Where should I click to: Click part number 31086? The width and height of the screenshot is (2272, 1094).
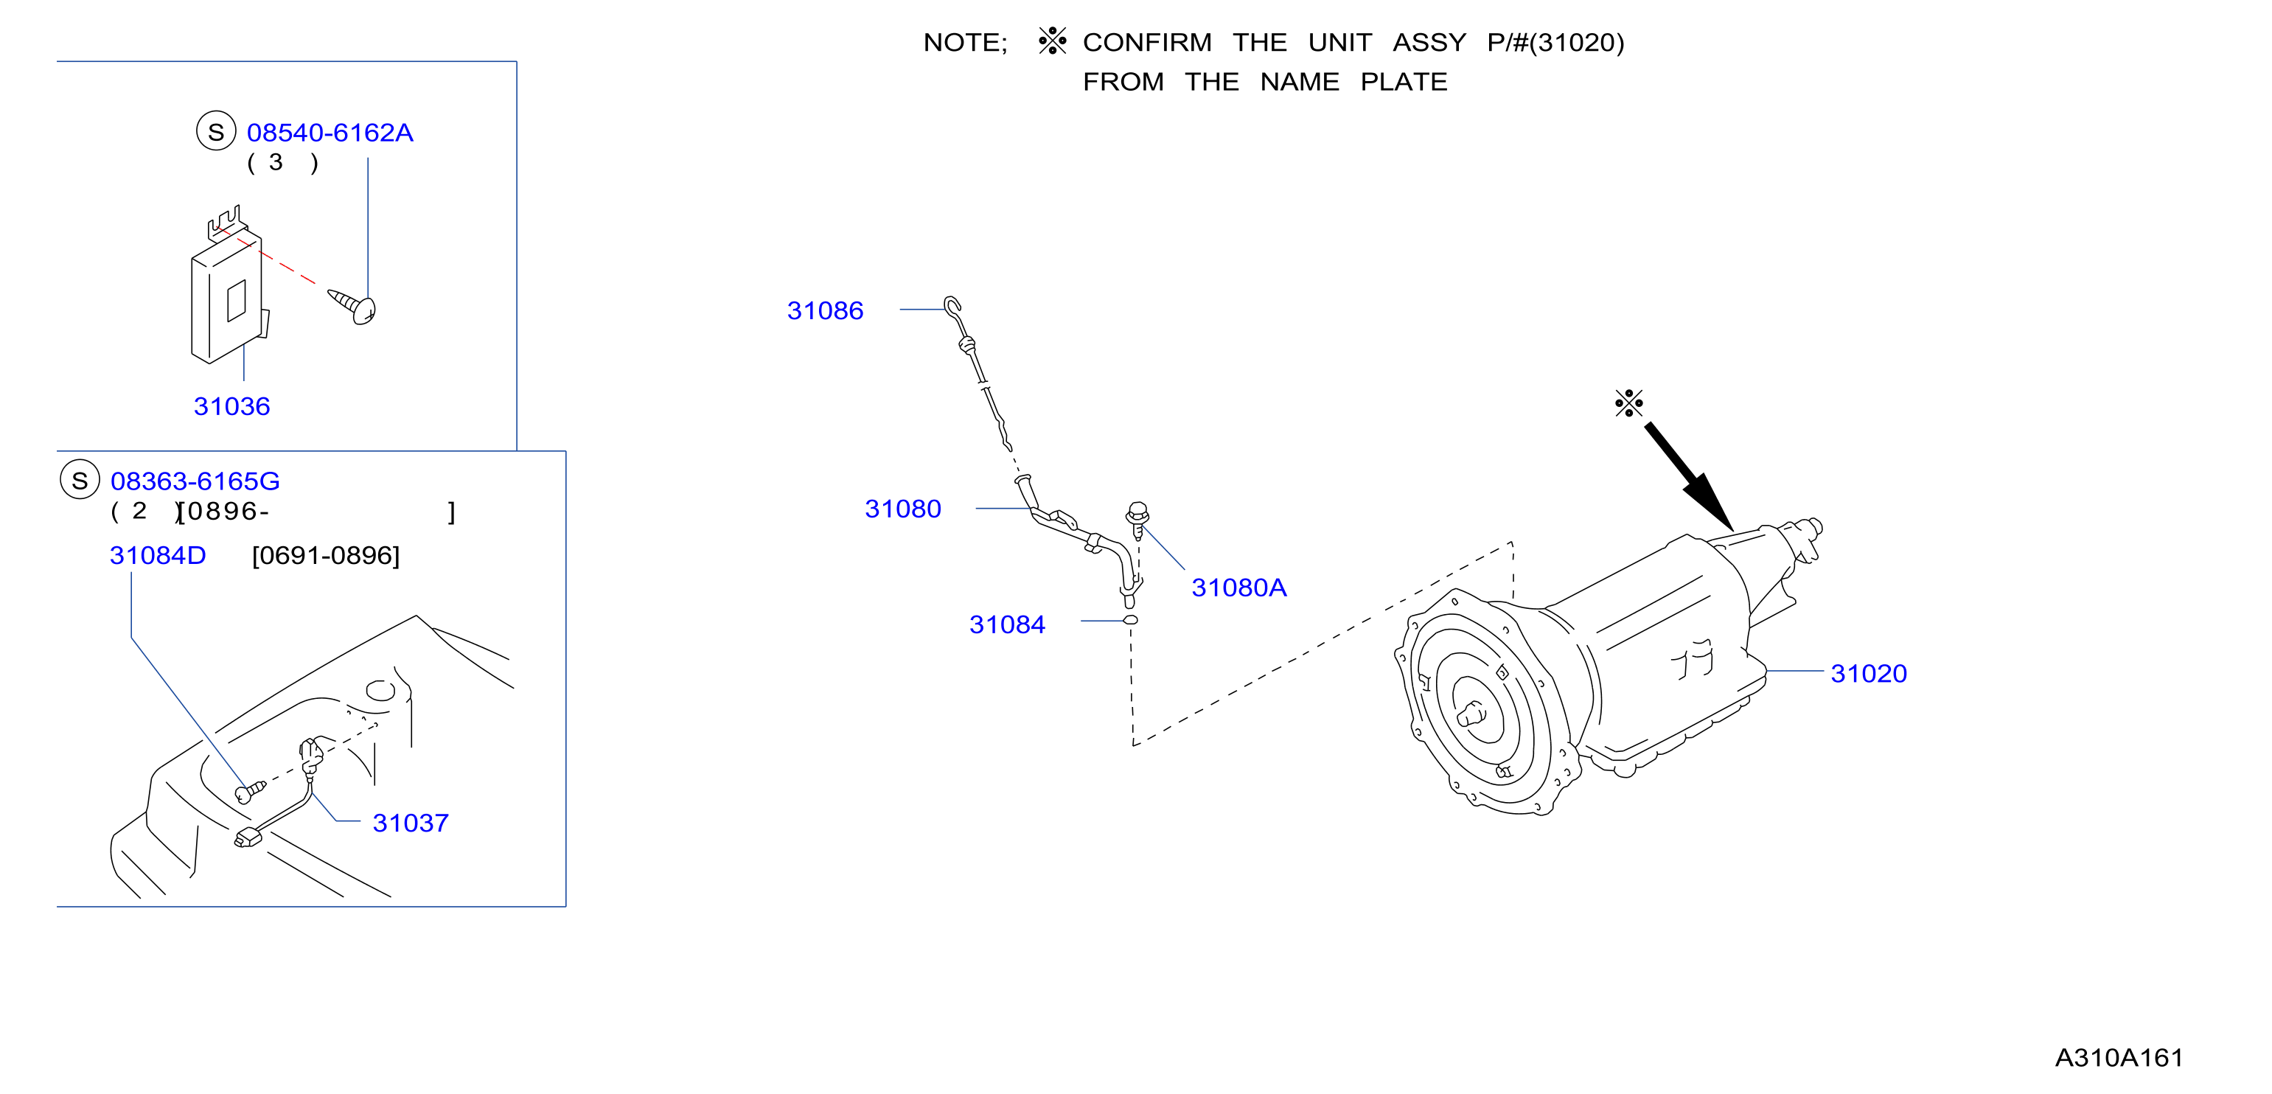pos(825,310)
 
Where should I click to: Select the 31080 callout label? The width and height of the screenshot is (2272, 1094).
pos(902,509)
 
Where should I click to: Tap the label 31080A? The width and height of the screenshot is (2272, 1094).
pos(1238,588)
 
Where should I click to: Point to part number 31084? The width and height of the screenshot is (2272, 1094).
pos(1006,624)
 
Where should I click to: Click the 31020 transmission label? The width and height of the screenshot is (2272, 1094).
pos(1868,674)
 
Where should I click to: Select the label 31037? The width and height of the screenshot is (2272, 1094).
pos(410,823)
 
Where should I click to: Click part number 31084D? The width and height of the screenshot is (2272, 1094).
pos(158,556)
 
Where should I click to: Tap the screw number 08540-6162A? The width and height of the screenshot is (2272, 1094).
pos(330,133)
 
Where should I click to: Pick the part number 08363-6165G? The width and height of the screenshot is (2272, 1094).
pos(195,481)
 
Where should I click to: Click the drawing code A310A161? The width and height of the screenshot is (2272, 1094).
pos(2119,1058)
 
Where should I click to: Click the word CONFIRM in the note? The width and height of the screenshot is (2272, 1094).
pos(1146,42)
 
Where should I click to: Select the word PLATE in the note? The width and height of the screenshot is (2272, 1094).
pos(1404,82)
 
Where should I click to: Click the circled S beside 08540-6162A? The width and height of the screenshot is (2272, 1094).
pos(216,131)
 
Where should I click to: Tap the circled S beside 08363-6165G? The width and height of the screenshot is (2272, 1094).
pos(80,480)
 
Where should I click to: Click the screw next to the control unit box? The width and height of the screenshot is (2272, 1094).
pos(353,306)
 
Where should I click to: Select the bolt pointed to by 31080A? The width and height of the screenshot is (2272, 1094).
pos(1137,520)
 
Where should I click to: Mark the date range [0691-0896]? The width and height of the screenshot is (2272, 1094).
pos(325,556)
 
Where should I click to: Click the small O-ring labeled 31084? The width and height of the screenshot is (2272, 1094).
pos(1131,620)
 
